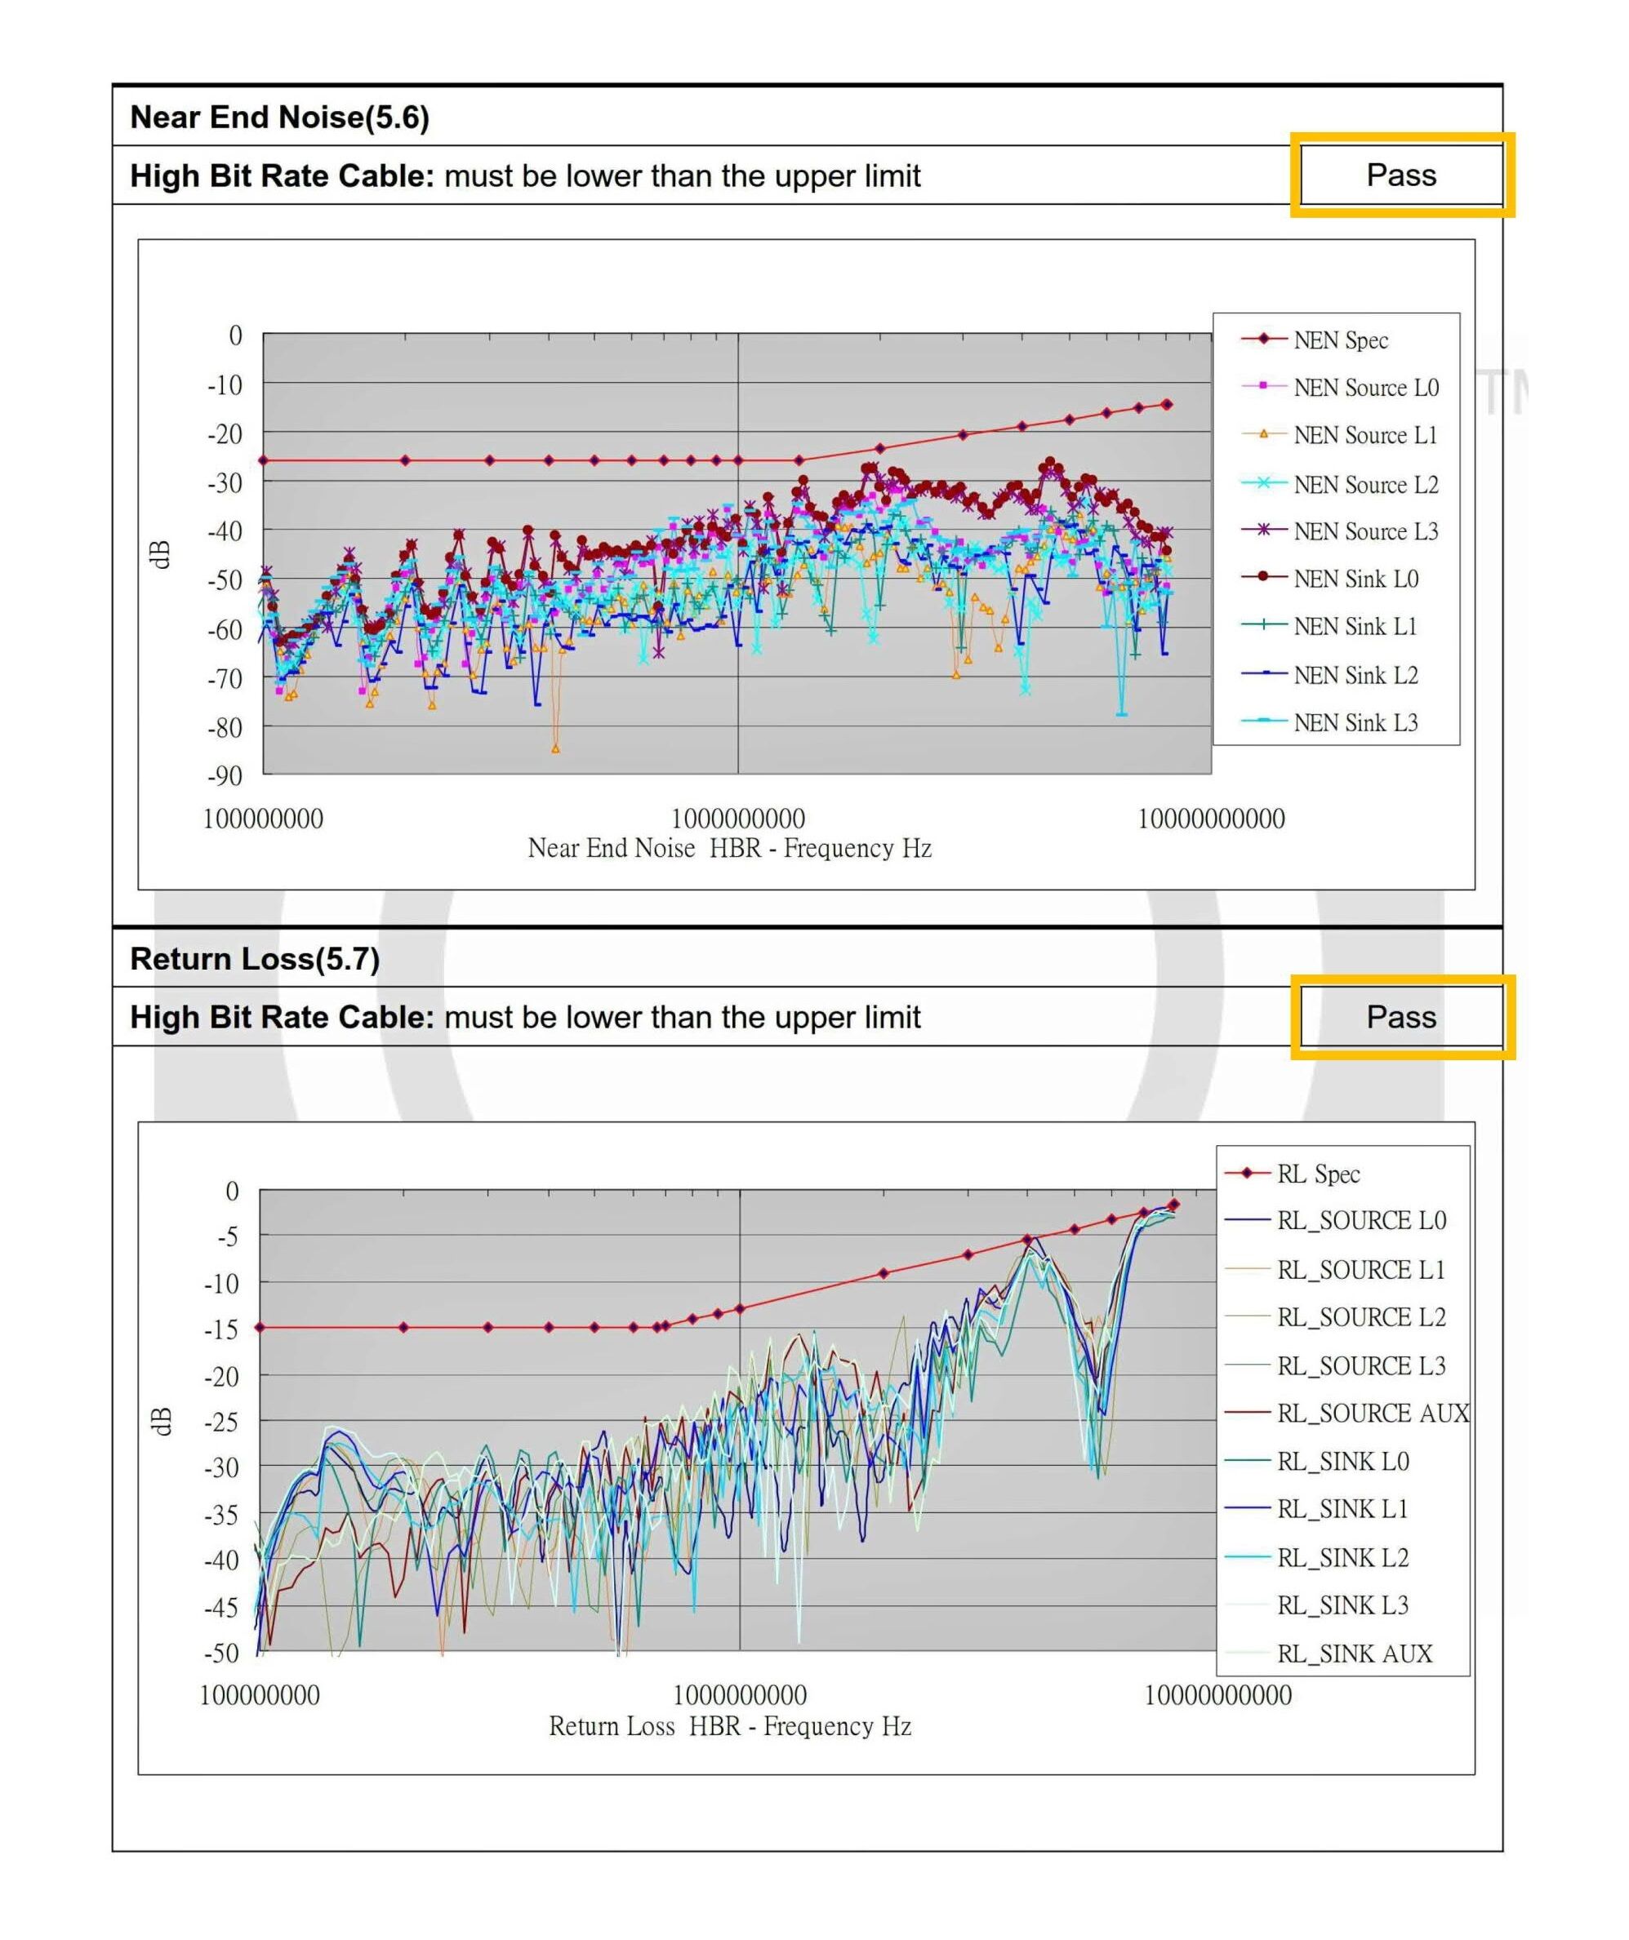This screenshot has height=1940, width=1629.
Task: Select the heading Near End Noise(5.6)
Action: (279, 117)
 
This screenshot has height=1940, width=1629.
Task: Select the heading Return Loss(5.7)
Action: (254, 958)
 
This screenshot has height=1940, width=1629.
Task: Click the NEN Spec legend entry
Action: (1340, 340)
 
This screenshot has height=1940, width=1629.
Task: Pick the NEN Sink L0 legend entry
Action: (1355, 579)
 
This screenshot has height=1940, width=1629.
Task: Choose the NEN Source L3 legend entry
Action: (1364, 531)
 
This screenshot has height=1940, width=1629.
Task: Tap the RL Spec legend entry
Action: (1318, 1174)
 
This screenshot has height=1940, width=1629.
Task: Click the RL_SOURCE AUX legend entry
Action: (1372, 1413)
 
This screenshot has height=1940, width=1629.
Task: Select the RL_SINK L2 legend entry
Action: (1342, 1557)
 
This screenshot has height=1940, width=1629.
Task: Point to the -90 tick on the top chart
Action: (225, 776)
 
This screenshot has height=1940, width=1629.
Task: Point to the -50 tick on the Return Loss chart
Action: (222, 1653)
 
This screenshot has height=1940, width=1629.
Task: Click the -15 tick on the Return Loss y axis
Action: (222, 1330)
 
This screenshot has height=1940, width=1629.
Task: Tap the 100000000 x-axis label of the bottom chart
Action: (260, 1695)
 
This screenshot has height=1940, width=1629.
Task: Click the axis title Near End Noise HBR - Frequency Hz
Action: (729, 848)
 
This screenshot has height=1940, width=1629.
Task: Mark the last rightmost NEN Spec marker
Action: (1167, 404)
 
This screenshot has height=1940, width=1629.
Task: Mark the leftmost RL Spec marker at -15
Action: (260, 1328)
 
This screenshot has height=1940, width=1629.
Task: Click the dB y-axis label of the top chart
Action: (160, 554)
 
